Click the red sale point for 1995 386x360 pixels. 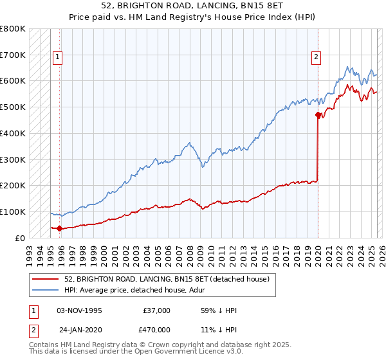[x=60, y=228]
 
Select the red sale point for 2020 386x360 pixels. [x=318, y=115]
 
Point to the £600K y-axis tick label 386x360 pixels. [x=13, y=81]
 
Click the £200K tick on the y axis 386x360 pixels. [x=13, y=186]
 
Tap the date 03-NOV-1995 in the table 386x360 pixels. [x=80, y=310]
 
